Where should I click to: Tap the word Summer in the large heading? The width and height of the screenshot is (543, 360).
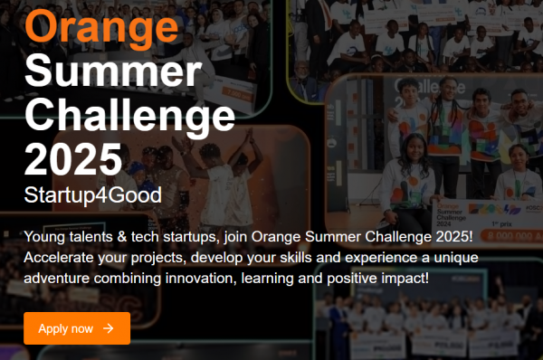tap(112, 70)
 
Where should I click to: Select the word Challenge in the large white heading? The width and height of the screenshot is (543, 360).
tap(129, 113)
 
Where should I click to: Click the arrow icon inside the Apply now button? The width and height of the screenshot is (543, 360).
tap(109, 328)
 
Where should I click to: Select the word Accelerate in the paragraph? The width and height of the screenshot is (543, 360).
tap(61, 257)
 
